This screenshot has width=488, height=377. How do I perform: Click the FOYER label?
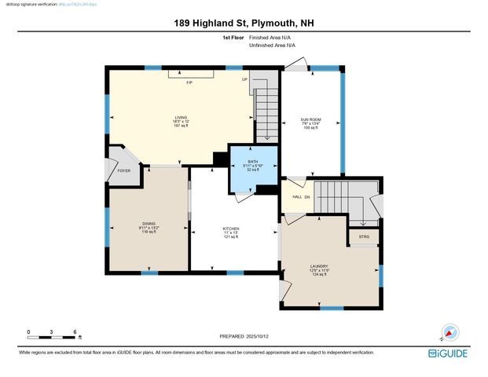click(x=124, y=170)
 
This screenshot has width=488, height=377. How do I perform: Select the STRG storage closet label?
click(x=364, y=236)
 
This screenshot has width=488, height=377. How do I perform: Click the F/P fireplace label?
click(x=189, y=82)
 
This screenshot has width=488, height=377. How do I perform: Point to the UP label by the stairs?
click(x=244, y=79)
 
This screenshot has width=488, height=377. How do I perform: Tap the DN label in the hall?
click(x=308, y=196)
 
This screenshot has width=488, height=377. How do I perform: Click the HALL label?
click(x=296, y=196)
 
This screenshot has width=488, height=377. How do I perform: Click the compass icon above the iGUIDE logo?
click(x=450, y=332)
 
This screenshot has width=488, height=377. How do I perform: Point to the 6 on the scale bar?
click(x=75, y=332)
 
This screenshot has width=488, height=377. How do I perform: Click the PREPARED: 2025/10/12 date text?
click(x=244, y=336)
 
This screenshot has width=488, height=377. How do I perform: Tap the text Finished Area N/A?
click(x=272, y=38)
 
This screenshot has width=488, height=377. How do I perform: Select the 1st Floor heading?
click(x=233, y=38)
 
